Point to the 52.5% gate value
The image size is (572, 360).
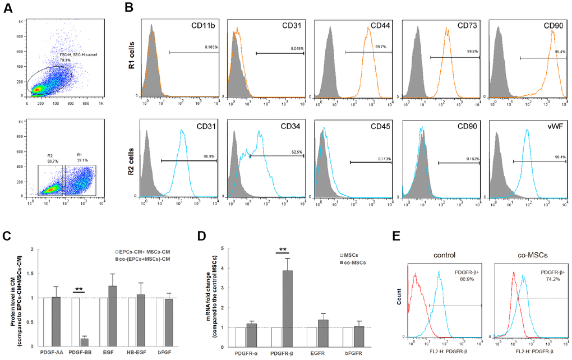pos(296,151)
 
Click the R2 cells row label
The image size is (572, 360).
pos(130,156)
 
